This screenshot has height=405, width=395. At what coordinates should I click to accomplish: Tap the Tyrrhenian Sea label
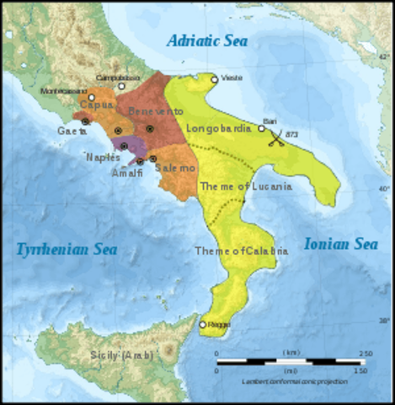(x=66, y=248)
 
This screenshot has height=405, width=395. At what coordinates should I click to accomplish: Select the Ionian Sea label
(x=340, y=243)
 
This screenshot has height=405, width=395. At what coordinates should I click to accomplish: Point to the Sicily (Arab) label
(x=121, y=354)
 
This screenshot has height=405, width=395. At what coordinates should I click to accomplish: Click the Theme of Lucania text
(x=245, y=186)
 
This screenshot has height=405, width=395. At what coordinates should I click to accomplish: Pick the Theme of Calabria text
(x=241, y=251)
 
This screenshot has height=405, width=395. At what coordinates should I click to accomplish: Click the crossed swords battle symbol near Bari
(x=275, y=140)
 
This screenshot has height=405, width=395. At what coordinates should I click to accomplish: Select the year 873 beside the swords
(x=291, y=134)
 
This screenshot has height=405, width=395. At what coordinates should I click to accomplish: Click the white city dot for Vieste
(x=215, y=79)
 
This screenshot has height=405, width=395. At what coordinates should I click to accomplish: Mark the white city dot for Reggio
(x=203, y=324)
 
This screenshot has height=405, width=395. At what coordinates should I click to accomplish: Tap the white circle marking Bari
(x=262, y=128)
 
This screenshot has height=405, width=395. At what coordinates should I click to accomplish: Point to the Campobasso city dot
(x=122, y=85)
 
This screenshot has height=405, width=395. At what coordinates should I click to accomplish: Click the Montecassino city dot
(x=92, y=98)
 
